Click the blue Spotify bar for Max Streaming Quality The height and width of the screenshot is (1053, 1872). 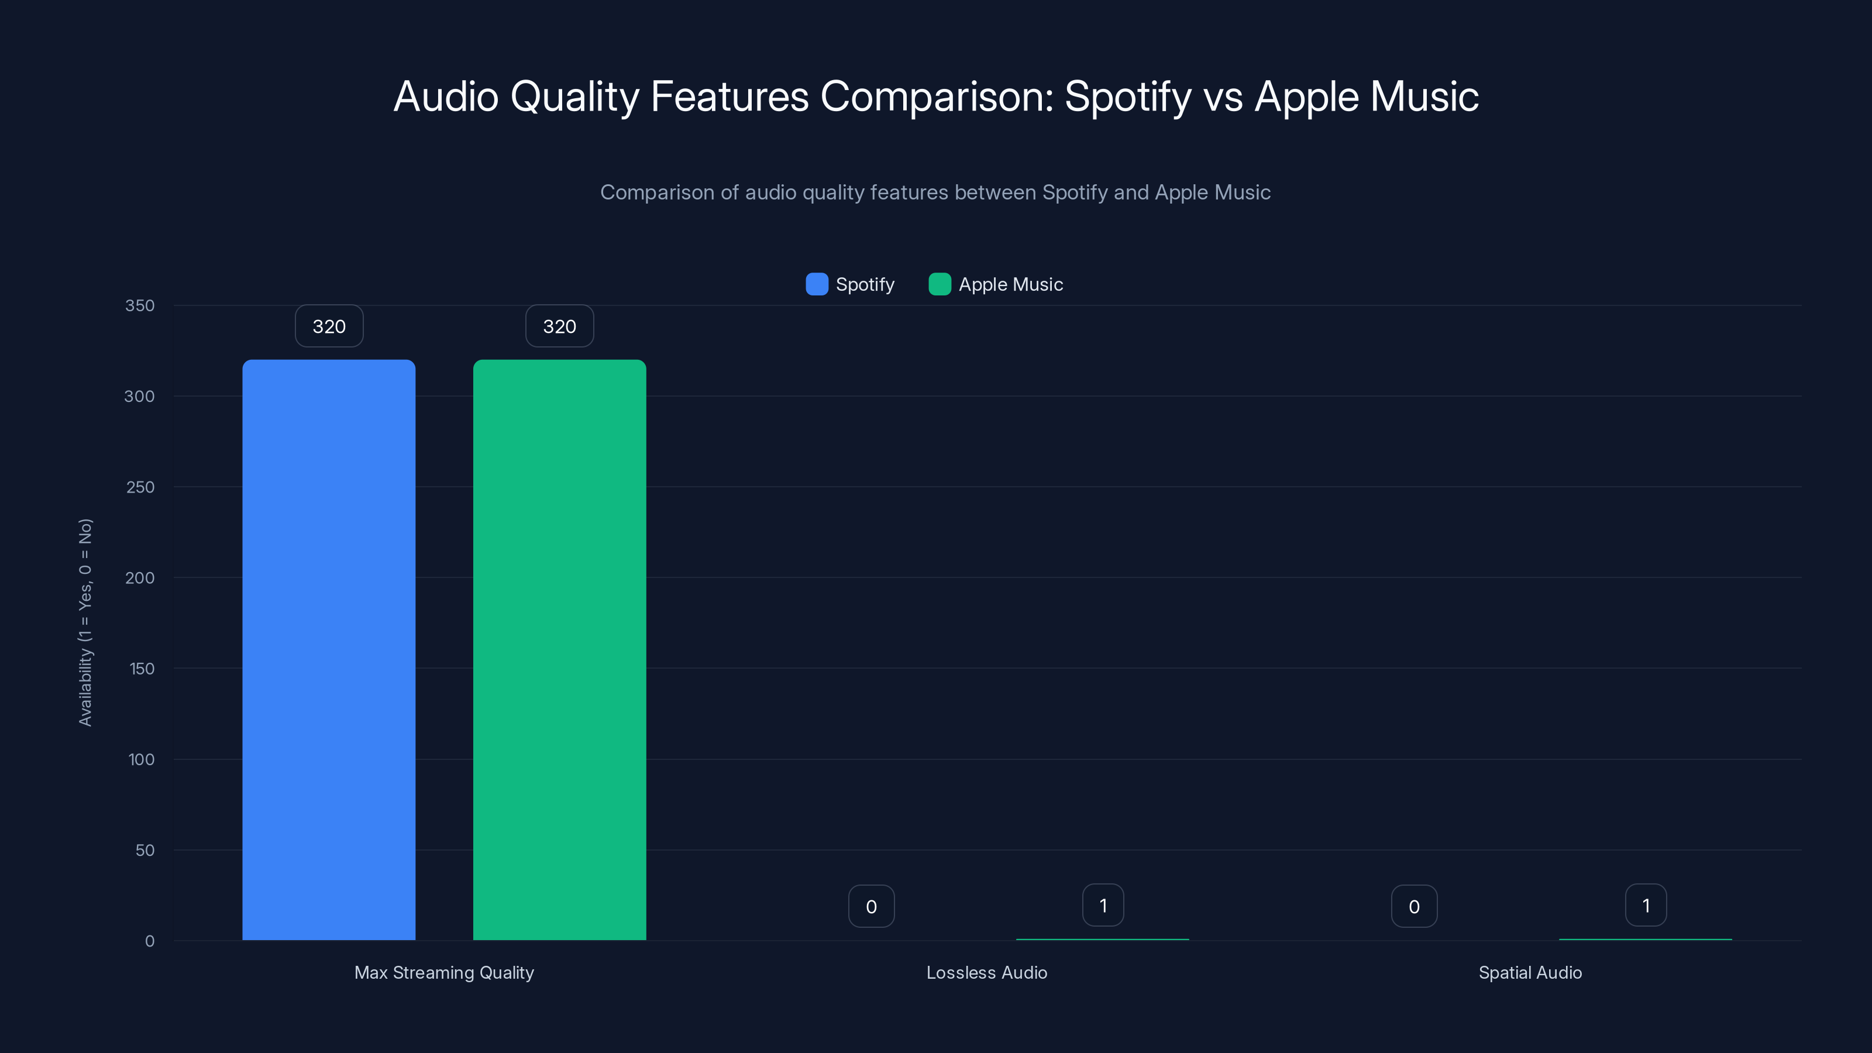[x=328, y=650]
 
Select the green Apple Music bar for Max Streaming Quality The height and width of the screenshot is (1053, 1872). [x=560, y=650]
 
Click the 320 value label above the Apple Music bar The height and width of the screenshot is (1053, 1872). [x=560, y=326]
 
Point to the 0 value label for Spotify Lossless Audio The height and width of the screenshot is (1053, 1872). [x=871, y=906]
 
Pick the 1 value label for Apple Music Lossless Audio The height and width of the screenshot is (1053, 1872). [x=1103, y=906]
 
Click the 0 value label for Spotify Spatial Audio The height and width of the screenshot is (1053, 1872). [x=1414, y=906]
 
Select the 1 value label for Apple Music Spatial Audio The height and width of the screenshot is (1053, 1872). [x=1646, y=906]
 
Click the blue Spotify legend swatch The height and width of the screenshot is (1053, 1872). [x=817, y=284]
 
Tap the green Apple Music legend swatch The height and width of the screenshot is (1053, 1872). [x=940, y=284]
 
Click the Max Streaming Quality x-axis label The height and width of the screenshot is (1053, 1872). [x=444, y=972]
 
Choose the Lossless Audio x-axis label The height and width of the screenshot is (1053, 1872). [x=987, y=972]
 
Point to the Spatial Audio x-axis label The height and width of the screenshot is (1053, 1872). [x=1530, y=972]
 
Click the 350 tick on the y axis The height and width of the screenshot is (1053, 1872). [x=140, y=305]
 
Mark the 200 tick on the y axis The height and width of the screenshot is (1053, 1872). [x=140, y=578]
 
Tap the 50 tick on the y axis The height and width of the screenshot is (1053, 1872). [x=144, y=850]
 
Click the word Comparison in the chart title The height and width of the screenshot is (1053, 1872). [x=937, y=97]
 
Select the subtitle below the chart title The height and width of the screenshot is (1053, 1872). [x=935, y=192]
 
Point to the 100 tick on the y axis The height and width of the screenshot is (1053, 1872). [x=141, y=759]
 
